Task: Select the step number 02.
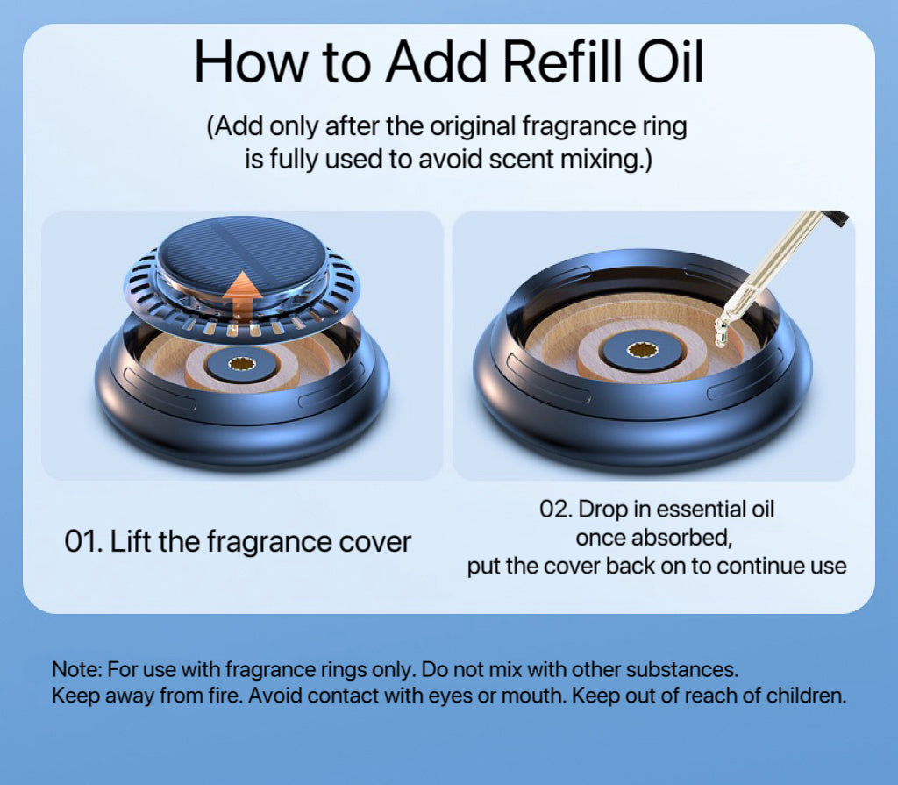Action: tap(555, 510)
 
